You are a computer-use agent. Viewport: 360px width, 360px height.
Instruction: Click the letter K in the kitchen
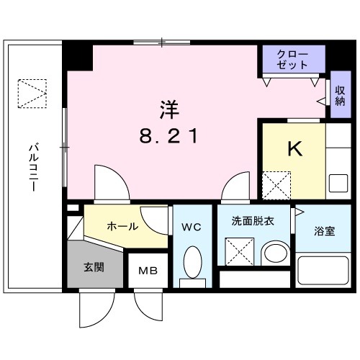[x=294, y=148]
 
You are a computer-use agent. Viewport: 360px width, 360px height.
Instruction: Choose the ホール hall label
[x=122, y=226]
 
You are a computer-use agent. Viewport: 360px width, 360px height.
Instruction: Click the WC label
[x=191, y=227]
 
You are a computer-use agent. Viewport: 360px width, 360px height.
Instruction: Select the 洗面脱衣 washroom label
[x=252, y=221]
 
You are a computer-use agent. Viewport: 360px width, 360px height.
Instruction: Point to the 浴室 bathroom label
[x=324, y=231]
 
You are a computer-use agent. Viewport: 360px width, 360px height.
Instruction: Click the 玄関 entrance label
[x=94, y=268]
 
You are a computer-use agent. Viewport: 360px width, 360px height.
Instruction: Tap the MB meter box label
[x=148, y=273]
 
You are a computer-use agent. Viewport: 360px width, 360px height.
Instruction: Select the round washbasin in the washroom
[x=274, y=253]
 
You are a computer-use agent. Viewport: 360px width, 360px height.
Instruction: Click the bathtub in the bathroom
[x=324, y=274]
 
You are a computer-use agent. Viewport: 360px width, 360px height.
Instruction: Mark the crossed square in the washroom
[x=239, y=252]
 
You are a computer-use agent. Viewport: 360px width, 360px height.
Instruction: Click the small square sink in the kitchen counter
[x=337, y=183]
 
